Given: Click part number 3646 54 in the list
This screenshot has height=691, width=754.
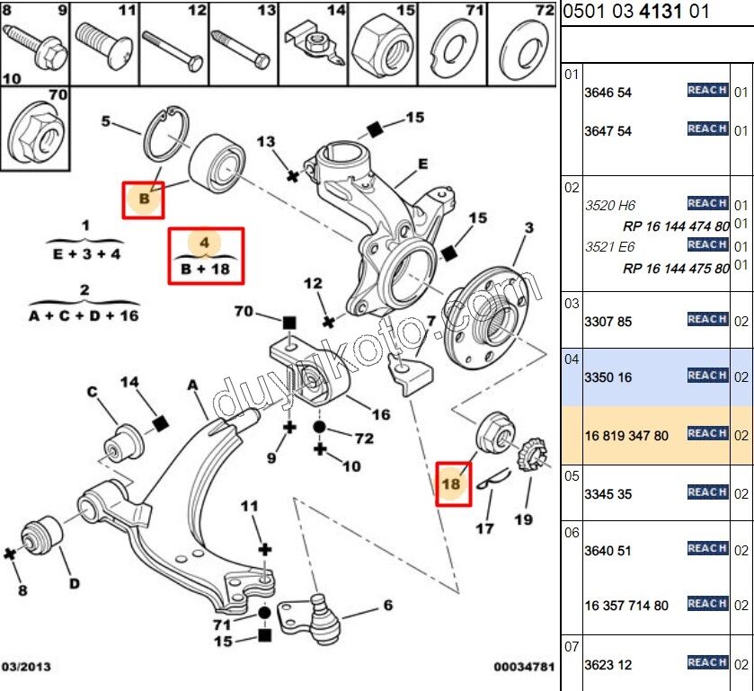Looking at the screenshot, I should coord(608,93).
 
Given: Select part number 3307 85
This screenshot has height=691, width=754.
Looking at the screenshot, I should coord(608,321).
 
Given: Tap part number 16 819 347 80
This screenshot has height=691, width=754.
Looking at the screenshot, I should coord(626,436).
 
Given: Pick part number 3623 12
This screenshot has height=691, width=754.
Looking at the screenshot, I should coord(608,665).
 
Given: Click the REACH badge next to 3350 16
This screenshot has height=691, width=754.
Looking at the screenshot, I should coord(707,376).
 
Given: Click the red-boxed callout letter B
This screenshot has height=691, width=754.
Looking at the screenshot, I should coord(143,198).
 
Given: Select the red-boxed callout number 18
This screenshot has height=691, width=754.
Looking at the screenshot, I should coord(452,484).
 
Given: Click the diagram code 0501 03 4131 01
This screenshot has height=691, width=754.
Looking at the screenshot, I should coord(636,12).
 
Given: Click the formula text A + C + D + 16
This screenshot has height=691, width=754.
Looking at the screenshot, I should coord(84,315).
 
